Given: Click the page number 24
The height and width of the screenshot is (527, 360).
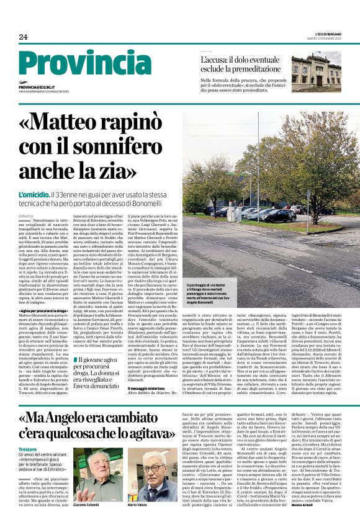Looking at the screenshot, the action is pos(23,37).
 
